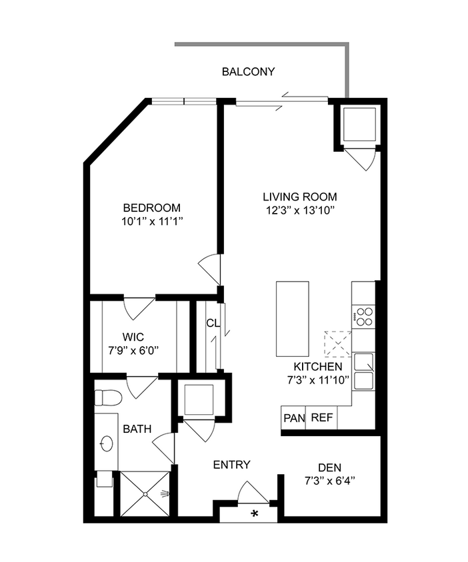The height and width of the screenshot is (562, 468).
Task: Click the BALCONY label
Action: pyautogui.click(x=248, y=72)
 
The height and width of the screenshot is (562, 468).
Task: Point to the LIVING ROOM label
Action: pyautogui.click(x=299, y=197)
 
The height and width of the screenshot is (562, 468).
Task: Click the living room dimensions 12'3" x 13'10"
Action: pyautogui.click(x=299, y=211)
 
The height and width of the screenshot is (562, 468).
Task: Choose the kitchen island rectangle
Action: pyautogui.click(x=293, y=319)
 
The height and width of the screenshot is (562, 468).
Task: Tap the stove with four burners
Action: pyautogui.click(x=364, y=316)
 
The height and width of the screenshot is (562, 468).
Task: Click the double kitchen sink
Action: pyautogui.click(x=364, y=371)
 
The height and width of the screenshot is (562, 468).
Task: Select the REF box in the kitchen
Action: pyautogui.click(x=322, y=418)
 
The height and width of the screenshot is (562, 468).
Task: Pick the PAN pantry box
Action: pyautogui.click(x=293, y=418)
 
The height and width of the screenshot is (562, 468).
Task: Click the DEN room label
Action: pyautogui.click(x=329, y=467)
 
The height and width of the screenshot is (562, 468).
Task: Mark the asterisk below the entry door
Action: pyautogui.click(x=254, y=513)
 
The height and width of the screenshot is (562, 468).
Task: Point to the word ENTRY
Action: pyautogui.click(x=231, y=465)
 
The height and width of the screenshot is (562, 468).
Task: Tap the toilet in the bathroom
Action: pyautogui.click(x=106, y=398)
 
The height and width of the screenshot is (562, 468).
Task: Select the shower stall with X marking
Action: pyautogui.click(x=145, y=493)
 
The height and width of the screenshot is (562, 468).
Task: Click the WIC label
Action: pyautogui.click(x=133, y=336)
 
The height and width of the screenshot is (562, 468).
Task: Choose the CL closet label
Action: pyautogui.click(x=213, y=324)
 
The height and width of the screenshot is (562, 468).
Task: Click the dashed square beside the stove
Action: pyautogui.click(x=337, y=344)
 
